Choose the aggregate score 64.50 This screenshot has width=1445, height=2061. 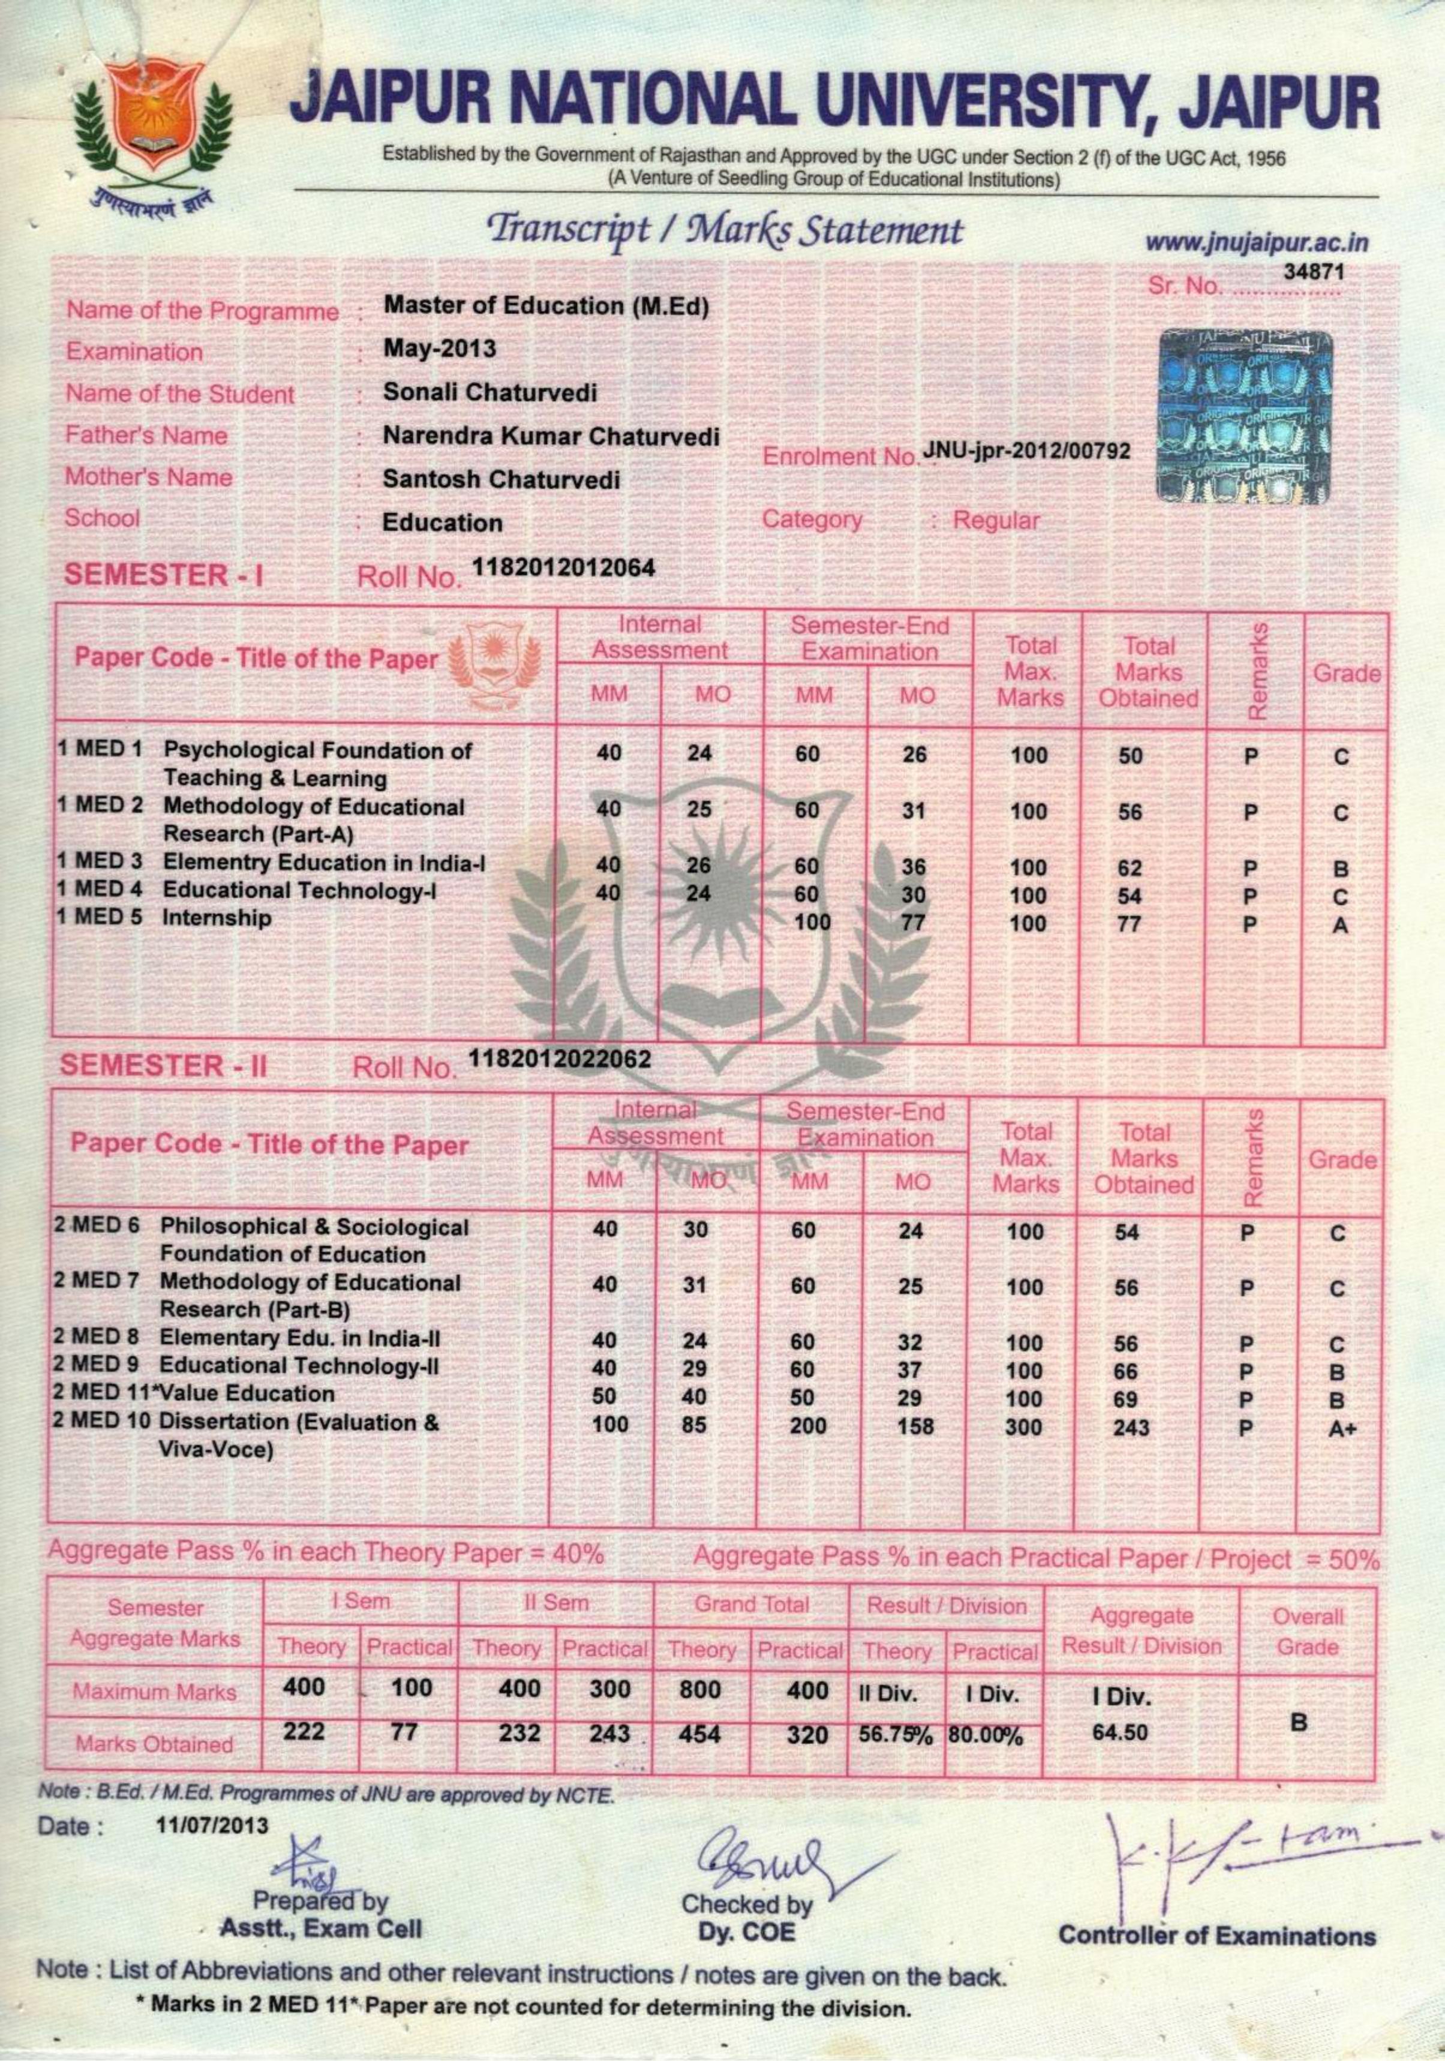click(1119, 1732)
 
